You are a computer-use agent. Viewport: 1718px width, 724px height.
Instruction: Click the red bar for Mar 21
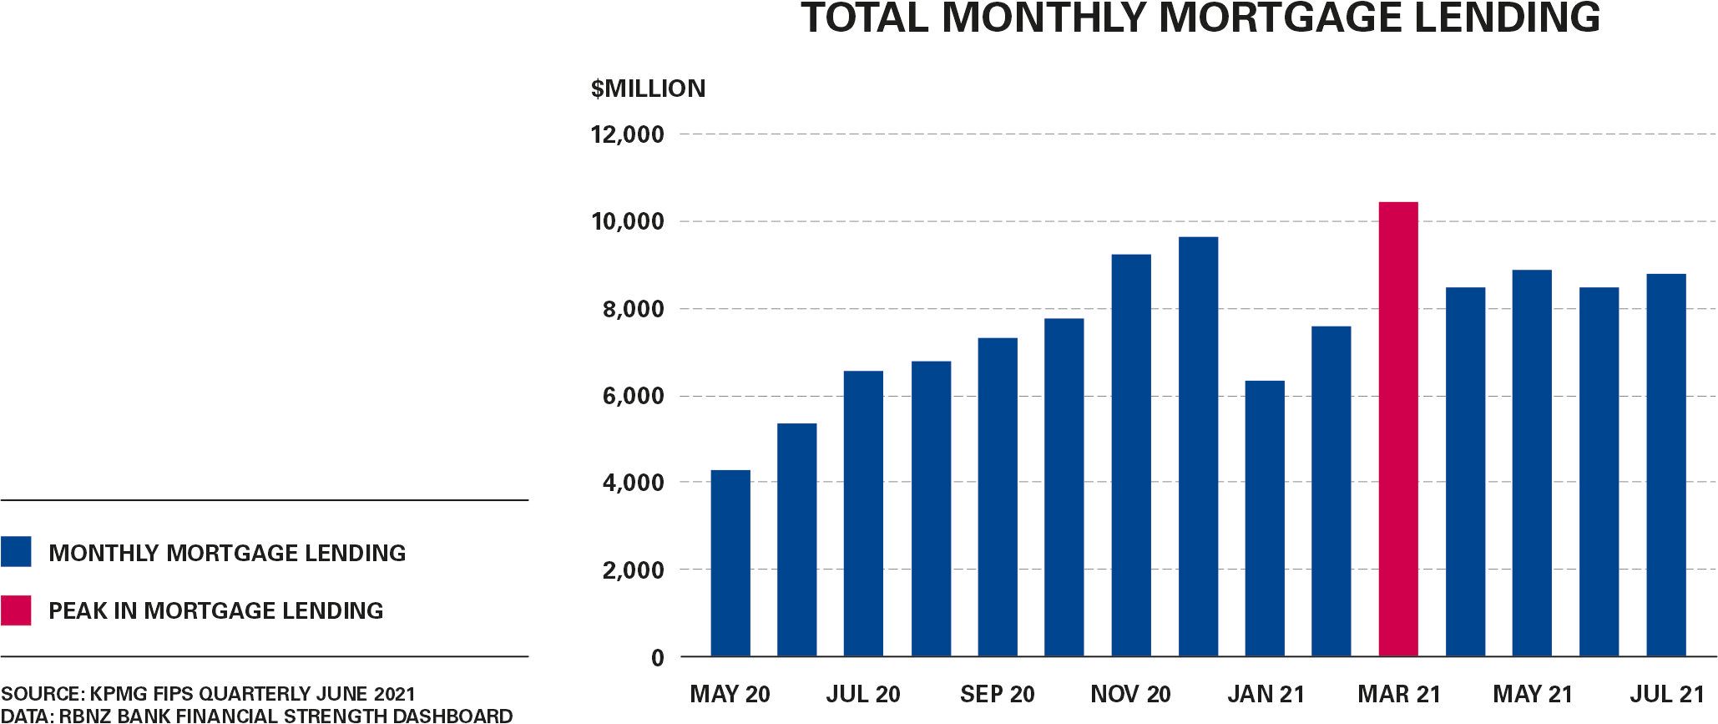tap(1398, 429)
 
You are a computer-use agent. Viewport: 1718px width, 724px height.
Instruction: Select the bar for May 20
tap(730, 564)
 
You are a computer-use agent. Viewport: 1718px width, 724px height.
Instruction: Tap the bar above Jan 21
tap(1265, 519)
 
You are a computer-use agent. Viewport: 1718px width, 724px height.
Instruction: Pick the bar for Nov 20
tap(1131, 455)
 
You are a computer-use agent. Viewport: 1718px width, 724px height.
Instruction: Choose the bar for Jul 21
tap(1666, 465)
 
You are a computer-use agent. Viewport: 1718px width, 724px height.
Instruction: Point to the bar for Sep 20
tap(998, 497)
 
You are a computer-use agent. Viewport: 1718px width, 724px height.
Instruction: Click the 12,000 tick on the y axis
tap(628, 134)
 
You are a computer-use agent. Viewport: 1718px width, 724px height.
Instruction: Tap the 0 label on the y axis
tap(658, 658)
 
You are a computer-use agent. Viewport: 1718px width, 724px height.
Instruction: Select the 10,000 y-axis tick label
tap(628, 222)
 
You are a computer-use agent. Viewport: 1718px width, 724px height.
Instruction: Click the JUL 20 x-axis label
tap(863, 694)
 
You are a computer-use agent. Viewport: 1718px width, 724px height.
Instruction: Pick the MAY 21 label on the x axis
tap(1533, 694)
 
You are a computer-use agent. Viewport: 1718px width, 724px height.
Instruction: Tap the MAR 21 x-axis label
tap(1399, 694)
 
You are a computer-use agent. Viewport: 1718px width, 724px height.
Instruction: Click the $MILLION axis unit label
tap(648, 89)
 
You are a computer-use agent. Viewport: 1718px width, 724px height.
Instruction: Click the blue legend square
tap(16, 552)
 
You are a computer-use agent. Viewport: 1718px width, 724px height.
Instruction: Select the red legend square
tap(16, 610)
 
